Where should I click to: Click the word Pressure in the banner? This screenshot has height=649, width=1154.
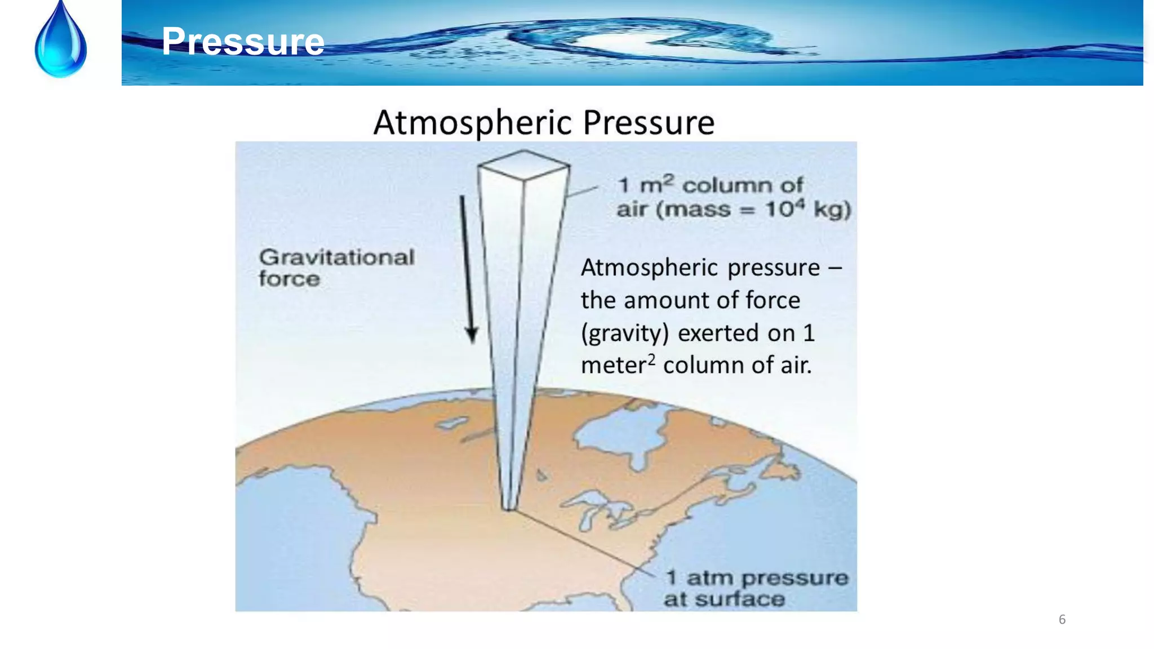click(x=243, y=42)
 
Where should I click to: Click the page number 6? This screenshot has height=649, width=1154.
click(x=1062, y=620)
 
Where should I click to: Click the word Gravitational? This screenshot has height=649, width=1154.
click(x=336, y=257)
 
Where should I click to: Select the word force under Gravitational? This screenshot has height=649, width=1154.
click(x=289, y=279)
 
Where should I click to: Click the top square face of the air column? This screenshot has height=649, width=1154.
click(x=523, y=165)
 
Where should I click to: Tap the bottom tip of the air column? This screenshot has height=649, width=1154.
click(x=508, y=508)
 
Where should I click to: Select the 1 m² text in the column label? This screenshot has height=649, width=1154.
click(x=646, y=185)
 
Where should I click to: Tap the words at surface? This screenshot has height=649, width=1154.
click(x=724, y=599)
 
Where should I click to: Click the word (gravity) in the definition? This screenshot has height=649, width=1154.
click(x=624, y=333)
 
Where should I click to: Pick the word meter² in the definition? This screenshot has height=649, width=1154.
click(x=618, y=365)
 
